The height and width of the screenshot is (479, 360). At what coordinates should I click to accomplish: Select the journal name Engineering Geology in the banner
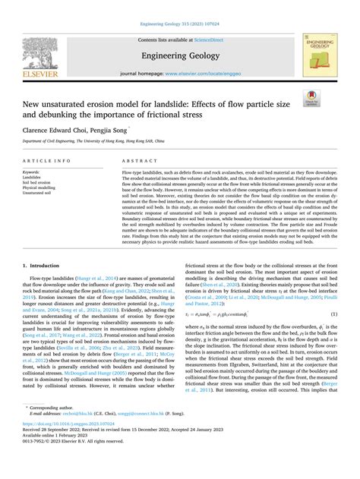tap(179, 55)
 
